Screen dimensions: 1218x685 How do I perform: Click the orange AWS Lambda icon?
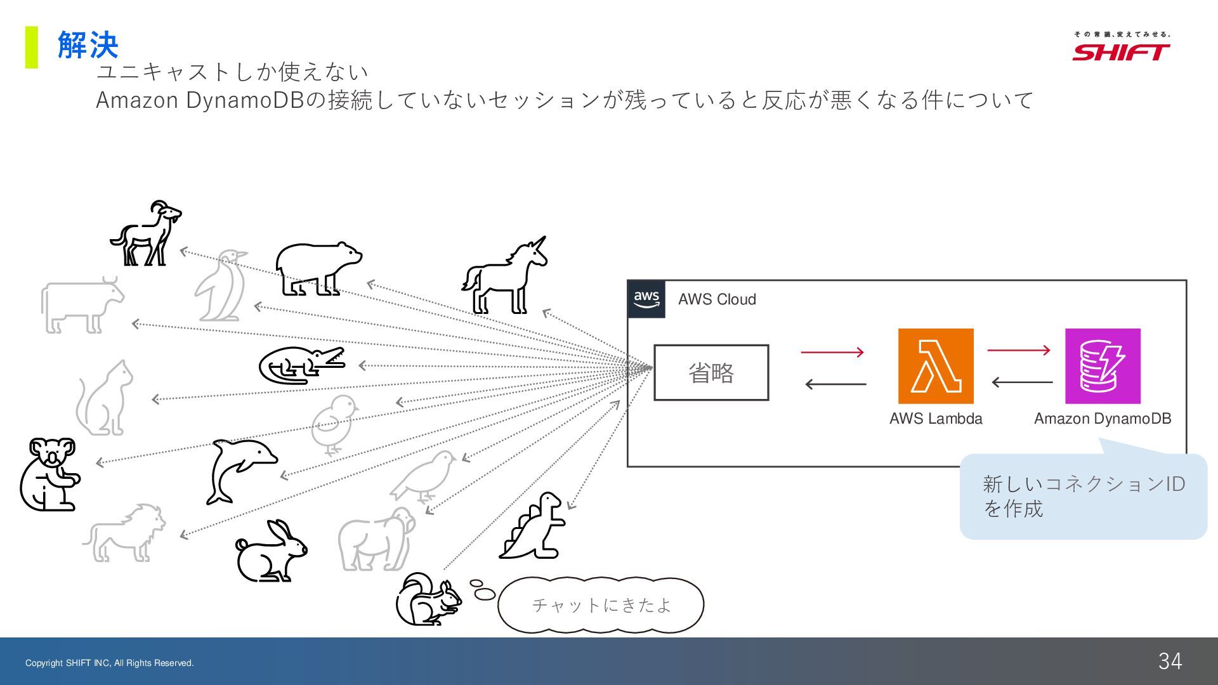[x=936, y=366]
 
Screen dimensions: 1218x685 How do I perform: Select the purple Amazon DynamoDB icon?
[x=1103, y=366]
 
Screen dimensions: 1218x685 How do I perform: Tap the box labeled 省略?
[x=711, y=373]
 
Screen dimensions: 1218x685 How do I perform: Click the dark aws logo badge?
[x=646, y=299]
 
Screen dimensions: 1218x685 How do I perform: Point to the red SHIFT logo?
[x=1121, y=51]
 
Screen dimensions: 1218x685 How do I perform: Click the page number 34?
[x=1170, y=661]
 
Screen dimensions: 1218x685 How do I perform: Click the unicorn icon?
[x=505, y=277]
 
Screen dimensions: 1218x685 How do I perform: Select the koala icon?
[x=49, y=474]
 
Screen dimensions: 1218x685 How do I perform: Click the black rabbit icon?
[x=271, y=552]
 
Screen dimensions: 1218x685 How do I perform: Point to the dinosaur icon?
[x=533, y=526]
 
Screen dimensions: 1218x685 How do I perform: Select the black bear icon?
[x=318, y=268]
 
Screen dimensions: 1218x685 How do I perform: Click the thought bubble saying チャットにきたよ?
[x=601, y=605]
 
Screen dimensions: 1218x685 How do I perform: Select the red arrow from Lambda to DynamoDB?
[x=1019, y=349]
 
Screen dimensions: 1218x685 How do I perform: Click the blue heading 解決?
[x=88, y=46]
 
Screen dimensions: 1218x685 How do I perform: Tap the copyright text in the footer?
[x=110, y=663]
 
